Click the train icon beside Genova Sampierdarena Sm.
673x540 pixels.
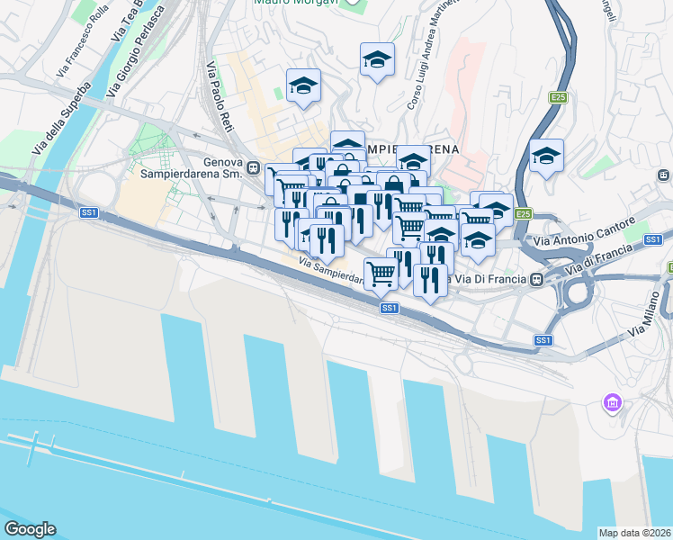[254, 168]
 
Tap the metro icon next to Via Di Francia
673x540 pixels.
[536, 279]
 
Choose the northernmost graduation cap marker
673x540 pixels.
[377, 60]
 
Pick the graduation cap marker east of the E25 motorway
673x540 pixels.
[546, 157]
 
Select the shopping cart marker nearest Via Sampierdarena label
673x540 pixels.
[381, 273]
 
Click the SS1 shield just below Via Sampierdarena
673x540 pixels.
[389, 308]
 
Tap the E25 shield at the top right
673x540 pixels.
[559, 97]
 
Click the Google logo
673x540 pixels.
[30, 529]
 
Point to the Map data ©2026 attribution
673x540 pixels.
[634, 533]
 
